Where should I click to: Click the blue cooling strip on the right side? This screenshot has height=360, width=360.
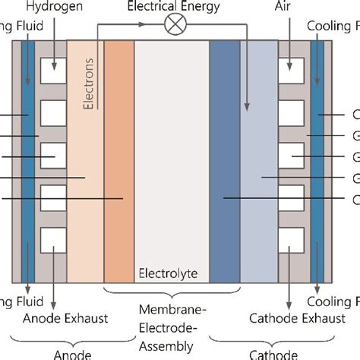[317, 152]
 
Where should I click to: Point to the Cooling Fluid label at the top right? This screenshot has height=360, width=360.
[333, 24]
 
